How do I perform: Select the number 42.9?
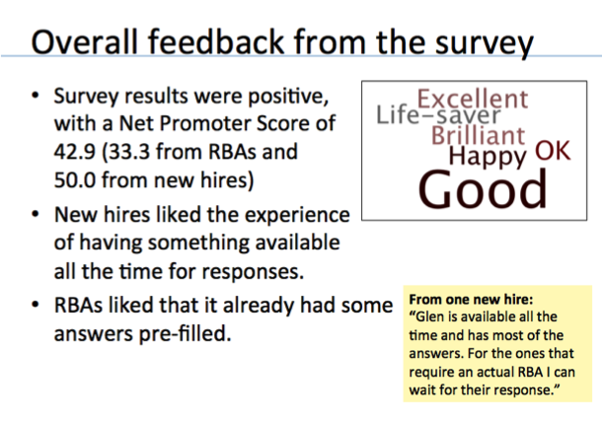[x=74, y=152]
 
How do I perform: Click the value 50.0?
[x=75, y=179]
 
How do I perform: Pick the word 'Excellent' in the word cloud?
[x=473, y=99]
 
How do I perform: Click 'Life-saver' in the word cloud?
[x=438, y=114]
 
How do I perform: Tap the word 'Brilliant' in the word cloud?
[x=478, y=135]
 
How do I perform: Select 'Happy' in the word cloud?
[x=488, y=157]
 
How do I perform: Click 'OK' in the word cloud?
[x=553, y=151]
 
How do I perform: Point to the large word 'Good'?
[x=483, y=189]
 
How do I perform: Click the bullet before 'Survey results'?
[x=36, y=95]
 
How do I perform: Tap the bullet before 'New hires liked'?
[x=36, y=214]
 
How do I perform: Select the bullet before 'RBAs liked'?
[x=36, y=305]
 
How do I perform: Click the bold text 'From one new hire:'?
[x=471, y=299]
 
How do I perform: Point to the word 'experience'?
[x=297, y=215]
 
